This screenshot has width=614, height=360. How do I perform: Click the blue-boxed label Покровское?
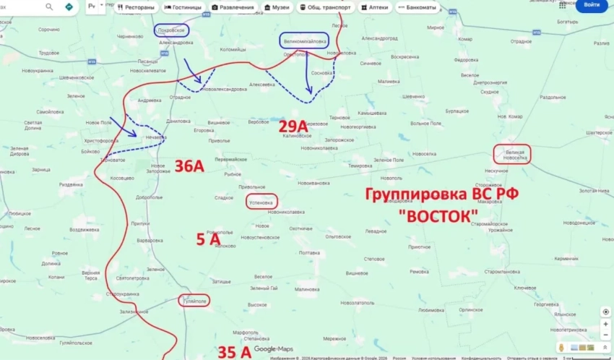171,30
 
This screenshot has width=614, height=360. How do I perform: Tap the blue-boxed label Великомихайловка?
304,41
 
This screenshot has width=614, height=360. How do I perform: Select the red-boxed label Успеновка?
261,202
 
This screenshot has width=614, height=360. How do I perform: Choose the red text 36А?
189,167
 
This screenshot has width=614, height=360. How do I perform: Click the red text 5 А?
208,239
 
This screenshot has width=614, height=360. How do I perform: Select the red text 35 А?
235,352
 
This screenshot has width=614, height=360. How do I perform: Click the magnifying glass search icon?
50,7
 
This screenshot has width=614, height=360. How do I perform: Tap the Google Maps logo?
274,349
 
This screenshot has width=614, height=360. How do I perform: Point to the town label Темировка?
360,166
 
